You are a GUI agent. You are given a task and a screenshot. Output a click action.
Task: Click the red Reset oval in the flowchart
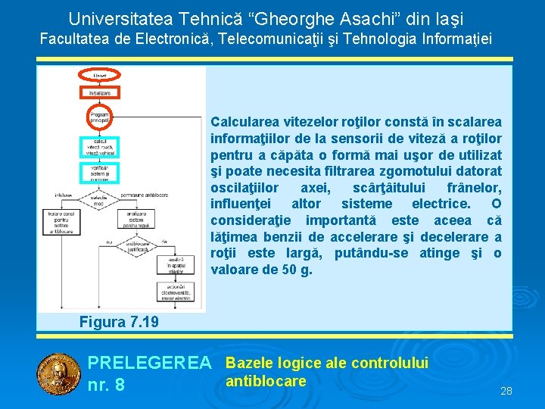(100, 74)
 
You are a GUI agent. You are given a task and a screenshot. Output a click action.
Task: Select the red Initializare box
(100, 92)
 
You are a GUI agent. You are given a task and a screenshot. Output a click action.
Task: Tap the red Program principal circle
(100, 118)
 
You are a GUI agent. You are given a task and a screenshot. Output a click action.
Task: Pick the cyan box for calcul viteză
(100, 147)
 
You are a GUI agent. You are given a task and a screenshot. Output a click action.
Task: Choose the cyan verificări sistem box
(100, 173)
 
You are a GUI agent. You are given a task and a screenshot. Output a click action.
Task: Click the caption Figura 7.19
(119, 322)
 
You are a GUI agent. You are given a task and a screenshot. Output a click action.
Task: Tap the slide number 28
(506, 391)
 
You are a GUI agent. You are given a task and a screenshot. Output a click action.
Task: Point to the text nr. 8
(106, 385)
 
